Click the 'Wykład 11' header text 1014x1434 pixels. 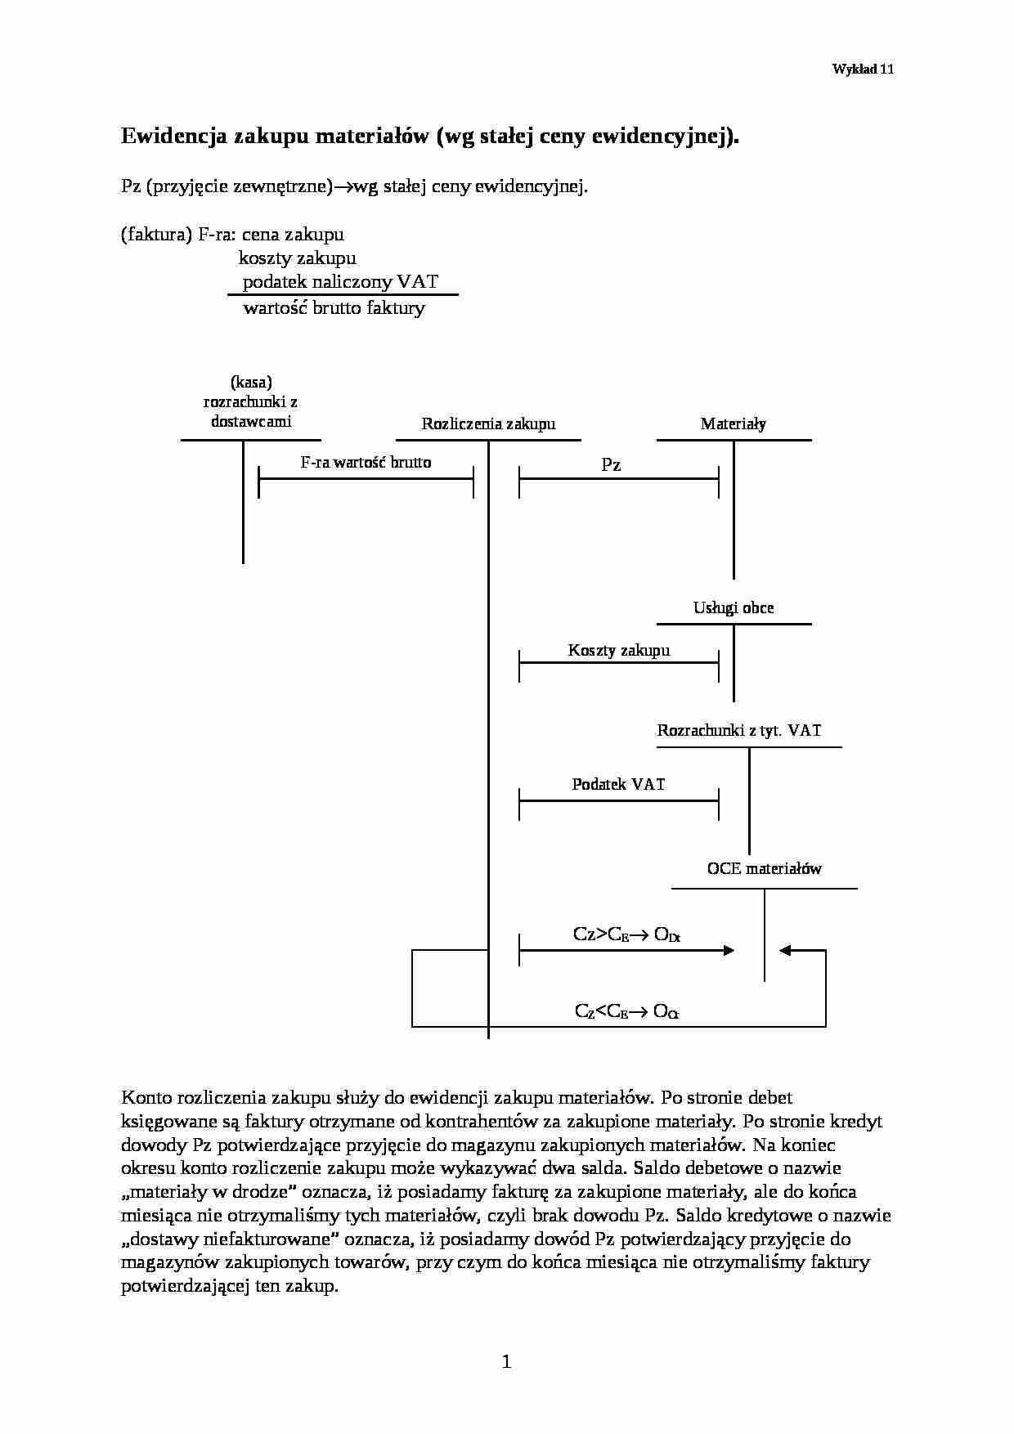[x=862, y=69]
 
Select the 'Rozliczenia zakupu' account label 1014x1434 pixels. [x=488, y=423]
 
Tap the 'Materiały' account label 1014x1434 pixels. [x=733, y=423]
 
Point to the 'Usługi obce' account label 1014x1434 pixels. [x=733, y=607]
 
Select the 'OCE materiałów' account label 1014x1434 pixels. [x=764, y=868]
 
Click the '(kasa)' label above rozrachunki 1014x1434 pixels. [x=251, y=382]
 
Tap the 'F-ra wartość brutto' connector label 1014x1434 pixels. [x=366, y=462]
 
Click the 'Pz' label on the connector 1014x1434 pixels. [x=611, y=465]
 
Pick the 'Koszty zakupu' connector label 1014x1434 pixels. [x=618, y=650]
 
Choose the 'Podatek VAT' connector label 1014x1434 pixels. [x=618, y=784]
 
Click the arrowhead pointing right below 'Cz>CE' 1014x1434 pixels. [x=728, y=950]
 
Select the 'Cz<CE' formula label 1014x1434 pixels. [x=601, y=1011]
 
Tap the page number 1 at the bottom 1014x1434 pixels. [x=506, y=1361]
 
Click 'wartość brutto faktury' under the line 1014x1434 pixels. [x=334, y=308]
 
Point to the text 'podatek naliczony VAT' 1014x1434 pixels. [x=340, y=282]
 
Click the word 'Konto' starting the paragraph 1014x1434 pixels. [x=143, y=1097]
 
